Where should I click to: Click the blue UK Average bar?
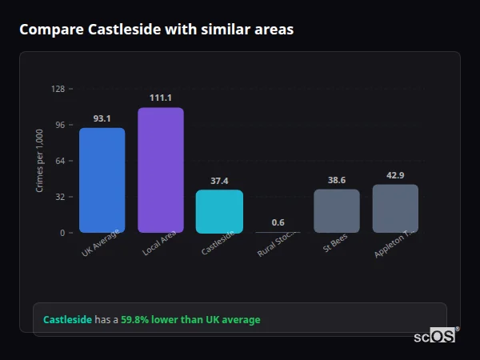(x=102, y=180)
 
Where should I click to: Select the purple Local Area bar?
(x=161, y=170)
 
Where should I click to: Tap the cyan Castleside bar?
(x=219, y=211)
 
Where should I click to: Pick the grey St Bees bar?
(x=337, y=210)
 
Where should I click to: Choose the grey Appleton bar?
(x=395, y=209)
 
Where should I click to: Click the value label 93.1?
(x=102, y=118)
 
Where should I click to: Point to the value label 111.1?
(x=161, y=98)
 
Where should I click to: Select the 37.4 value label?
(x=219, y=181)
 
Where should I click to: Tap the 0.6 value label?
(x=278, y=222)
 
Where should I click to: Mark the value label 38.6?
(x=337, y=180)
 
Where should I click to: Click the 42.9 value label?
(x=395, y=175)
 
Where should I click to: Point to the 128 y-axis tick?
(x=58, y=89)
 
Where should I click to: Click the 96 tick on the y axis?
(x=60, y=125)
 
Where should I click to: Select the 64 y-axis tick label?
(x=60, y=161)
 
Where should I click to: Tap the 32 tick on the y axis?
(x=60, y=197)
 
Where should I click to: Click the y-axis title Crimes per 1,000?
(x=40, y=161)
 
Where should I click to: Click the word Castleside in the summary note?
(x=67, y=320)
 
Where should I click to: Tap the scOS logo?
(x=434, y=336)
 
